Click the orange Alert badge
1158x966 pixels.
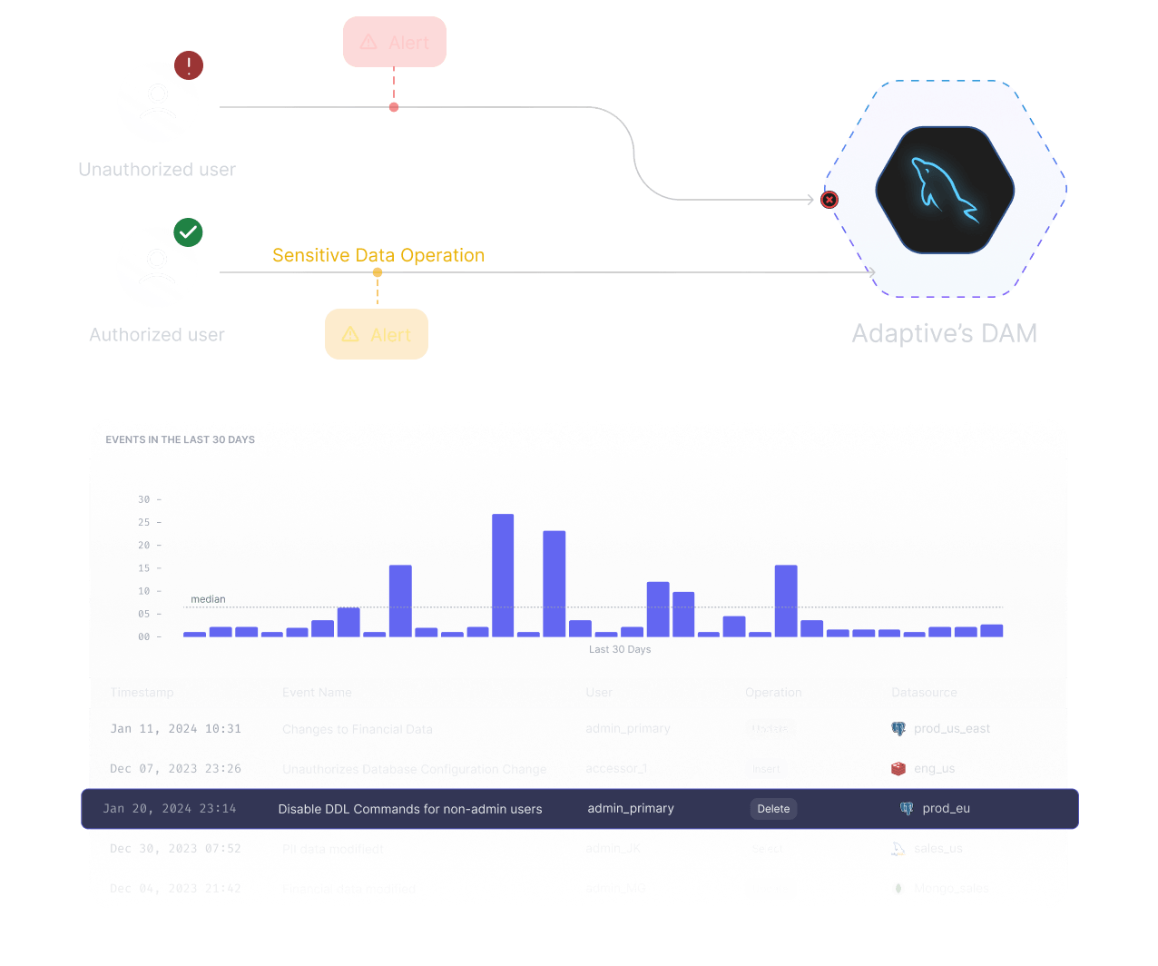click(377, 334)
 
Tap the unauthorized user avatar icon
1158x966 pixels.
click(158, 102)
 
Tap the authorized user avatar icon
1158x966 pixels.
click(157, 268)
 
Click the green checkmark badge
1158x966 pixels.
click(188, 232)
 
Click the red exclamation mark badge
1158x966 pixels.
click(189, 65)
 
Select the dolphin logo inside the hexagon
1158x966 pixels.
click(944, 190)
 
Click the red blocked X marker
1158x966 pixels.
click(829, 200)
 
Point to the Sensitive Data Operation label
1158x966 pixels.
click(378, 255)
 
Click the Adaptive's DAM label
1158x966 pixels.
click(944, 333)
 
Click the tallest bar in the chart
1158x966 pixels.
click(503, 575)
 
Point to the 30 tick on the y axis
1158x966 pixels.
click(144, 499)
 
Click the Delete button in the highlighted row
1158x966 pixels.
click(773, 809)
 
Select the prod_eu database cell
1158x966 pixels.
click(946, 808)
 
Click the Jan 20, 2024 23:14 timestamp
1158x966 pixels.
click(170, 808)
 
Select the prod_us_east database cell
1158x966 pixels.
click(951, 728)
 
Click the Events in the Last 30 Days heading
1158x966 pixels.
click(180, 439)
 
